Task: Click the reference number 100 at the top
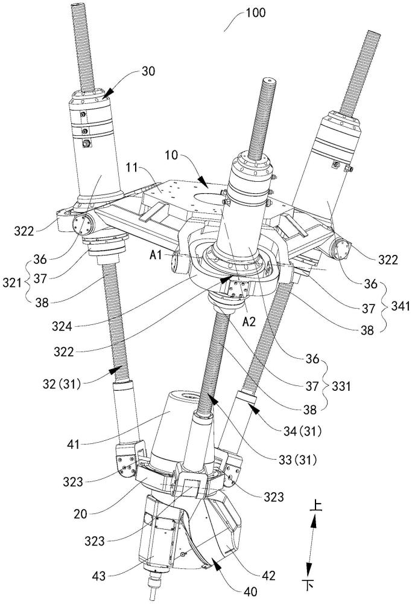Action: coord(252,11)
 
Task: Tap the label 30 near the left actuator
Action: coord(148,70)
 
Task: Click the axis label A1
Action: coord(156,255)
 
